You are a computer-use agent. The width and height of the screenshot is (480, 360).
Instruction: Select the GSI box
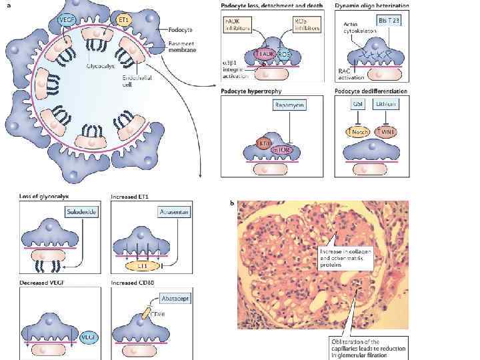pyautogui.click(x=358, y=105)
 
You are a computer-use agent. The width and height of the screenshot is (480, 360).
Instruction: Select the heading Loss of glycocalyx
pyautogui.click(x=45, y=197)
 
